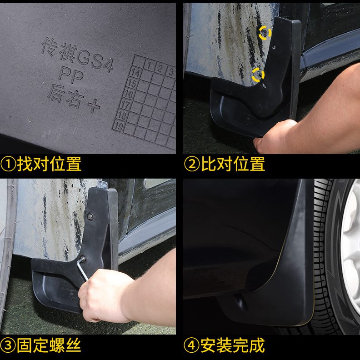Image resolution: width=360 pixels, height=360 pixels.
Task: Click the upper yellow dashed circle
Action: click(265, 32)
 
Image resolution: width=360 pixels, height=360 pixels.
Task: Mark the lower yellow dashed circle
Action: click(258, 74)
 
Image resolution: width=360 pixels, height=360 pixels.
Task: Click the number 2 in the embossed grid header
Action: click(159, 69)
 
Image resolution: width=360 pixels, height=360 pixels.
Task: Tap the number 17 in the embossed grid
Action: click(126, 105)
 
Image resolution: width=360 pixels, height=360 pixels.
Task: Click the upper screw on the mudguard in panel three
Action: click(90, 216)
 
